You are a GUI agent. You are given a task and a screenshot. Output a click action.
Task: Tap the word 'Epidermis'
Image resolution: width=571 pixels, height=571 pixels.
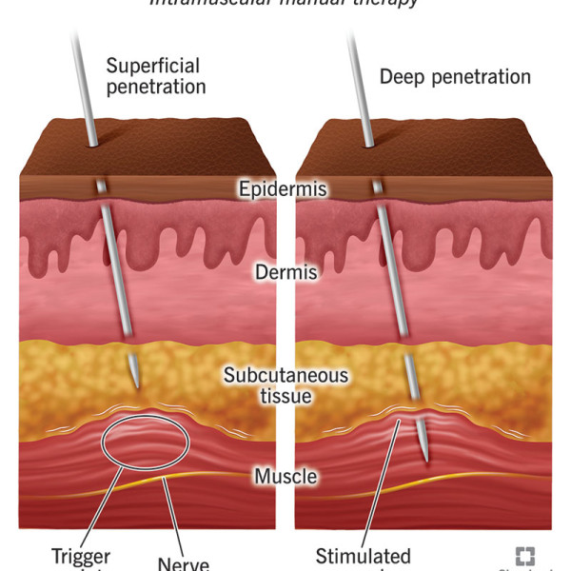coord(283,189)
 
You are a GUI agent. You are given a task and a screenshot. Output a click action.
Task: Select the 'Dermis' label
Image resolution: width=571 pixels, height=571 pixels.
coord(285,273)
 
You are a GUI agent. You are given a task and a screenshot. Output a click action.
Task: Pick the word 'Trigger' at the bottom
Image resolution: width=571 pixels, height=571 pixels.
coord(82,556)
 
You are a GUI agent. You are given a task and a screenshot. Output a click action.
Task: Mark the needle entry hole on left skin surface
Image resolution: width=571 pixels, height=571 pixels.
coord(93,145)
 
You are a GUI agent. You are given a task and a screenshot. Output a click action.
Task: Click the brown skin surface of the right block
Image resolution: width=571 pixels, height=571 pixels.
coord(447,152)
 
